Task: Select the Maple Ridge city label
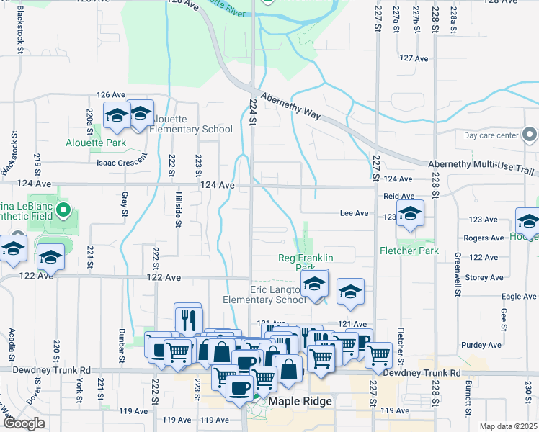(x=300, y=401)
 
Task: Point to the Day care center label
(x=491, y=135)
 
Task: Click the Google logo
(x=24, y=423)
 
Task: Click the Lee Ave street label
(x=354, y=213)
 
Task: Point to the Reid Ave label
(x=398, y=196)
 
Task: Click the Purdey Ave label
(x=486, y=345)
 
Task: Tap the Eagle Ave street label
(x=519, y=297)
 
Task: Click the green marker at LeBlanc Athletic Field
(x=63, y=212)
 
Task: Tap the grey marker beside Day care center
(x=530, y=135)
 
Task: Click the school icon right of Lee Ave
(x=410, y=214)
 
